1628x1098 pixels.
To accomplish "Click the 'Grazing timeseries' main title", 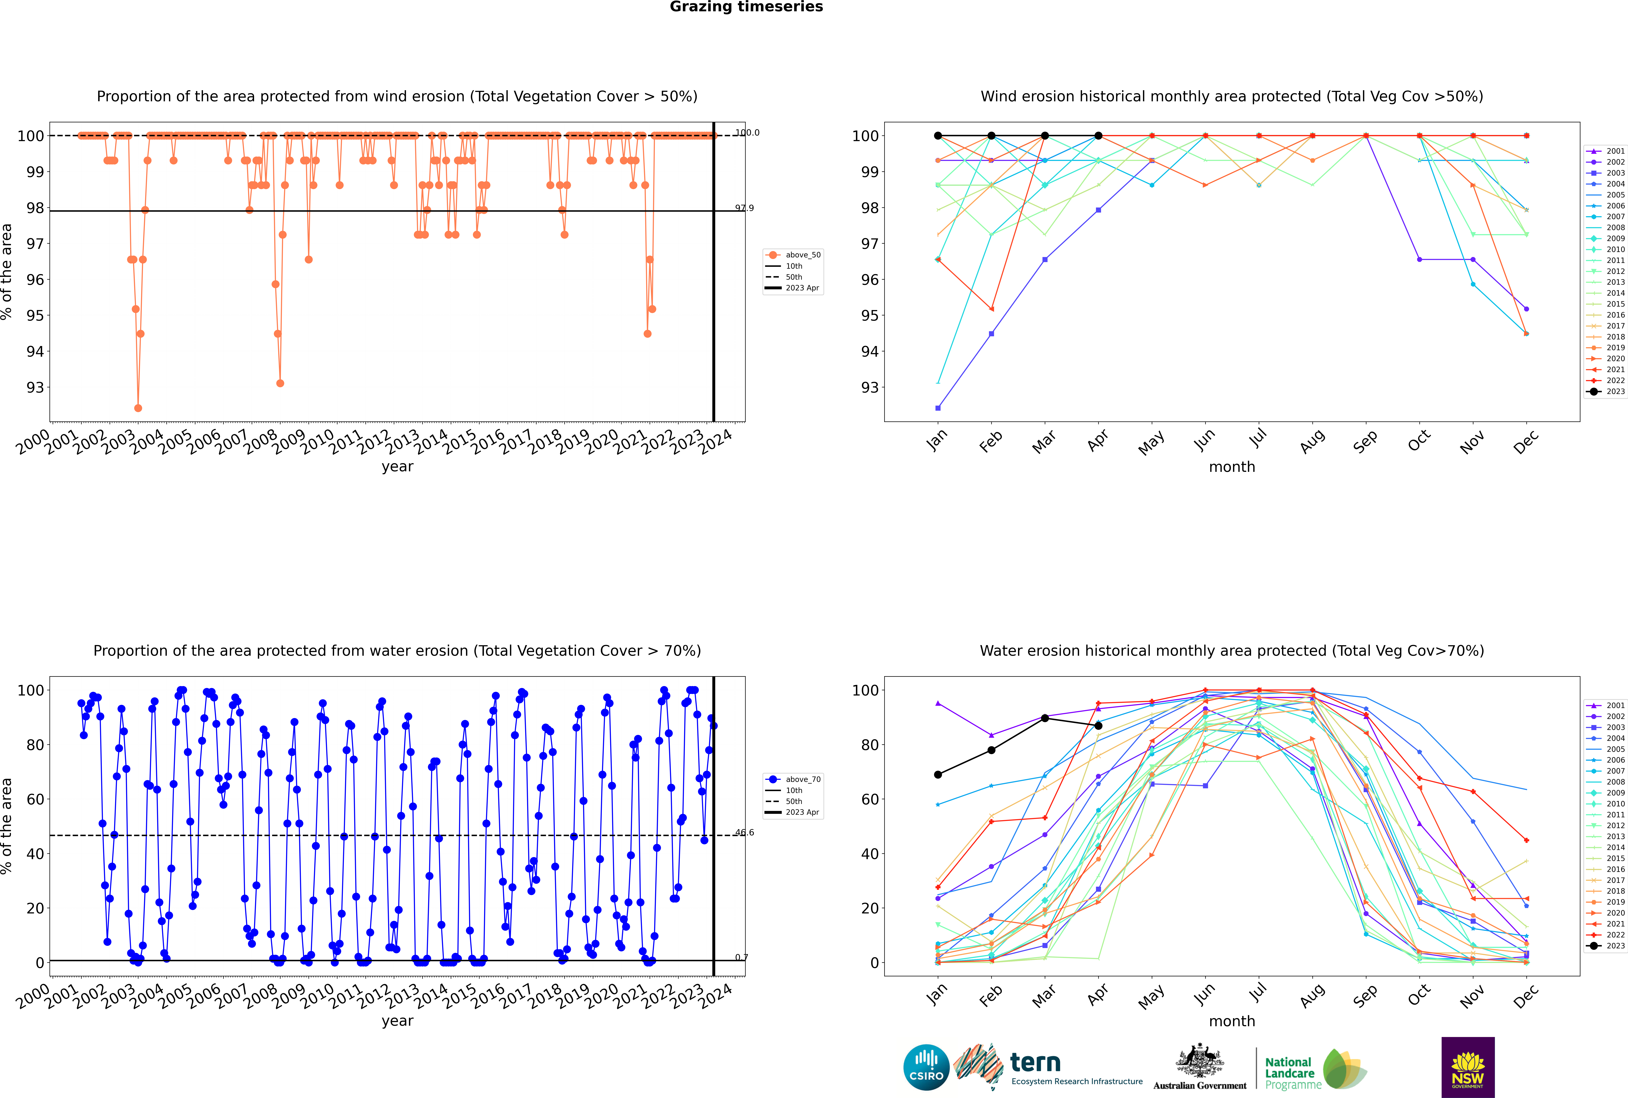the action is [746, 7].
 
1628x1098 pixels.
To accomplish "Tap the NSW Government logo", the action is [1468, 1067].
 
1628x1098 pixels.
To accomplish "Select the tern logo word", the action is [1035, 1063].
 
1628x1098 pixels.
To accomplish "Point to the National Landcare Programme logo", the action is [1316, 1069].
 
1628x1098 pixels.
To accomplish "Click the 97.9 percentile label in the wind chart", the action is [744, 208].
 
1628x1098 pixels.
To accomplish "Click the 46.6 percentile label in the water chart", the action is [744, 833].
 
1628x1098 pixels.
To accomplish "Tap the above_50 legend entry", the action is [793, 255].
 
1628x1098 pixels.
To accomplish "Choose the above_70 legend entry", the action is [793, 779].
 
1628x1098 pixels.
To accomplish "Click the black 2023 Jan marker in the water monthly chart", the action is [938, 774].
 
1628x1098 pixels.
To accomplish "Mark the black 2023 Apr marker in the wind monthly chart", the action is [1098, 136].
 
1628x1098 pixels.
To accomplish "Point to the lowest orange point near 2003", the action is [138, 408].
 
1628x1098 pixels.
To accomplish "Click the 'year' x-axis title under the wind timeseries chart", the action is [398, 467].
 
